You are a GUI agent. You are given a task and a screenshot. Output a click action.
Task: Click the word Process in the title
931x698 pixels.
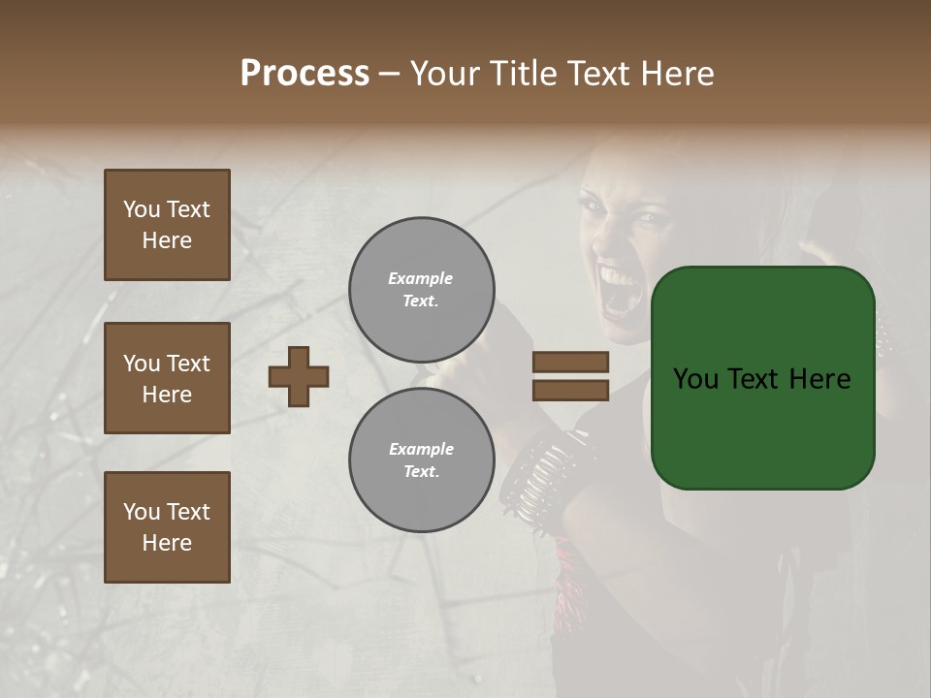point(305,73)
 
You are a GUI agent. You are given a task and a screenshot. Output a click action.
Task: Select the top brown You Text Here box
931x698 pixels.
point(167,225)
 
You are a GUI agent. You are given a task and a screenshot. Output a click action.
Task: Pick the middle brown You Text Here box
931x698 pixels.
point(167,378)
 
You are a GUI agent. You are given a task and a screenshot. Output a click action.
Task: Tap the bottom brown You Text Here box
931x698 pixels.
point(167,527)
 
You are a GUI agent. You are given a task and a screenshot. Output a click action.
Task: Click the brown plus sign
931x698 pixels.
point(299,376)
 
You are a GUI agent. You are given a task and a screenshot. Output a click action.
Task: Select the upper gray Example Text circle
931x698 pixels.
point(422,290)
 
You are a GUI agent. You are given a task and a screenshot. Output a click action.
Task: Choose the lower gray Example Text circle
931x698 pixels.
point(422,460)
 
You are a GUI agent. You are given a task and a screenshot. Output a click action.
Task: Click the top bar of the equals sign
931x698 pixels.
point(570,363)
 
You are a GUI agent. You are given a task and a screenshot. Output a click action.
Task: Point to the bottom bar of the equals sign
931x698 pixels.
point(570,391)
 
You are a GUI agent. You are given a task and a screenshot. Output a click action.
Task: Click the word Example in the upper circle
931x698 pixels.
point(421,278)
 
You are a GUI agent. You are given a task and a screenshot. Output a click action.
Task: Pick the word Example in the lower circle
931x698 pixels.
point(421,449)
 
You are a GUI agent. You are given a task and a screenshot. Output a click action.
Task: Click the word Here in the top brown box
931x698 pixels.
point(167,240)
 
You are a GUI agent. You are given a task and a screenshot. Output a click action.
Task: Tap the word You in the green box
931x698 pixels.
point(696,379)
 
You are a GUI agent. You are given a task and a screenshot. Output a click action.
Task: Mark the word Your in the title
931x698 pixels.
point(446,73)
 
